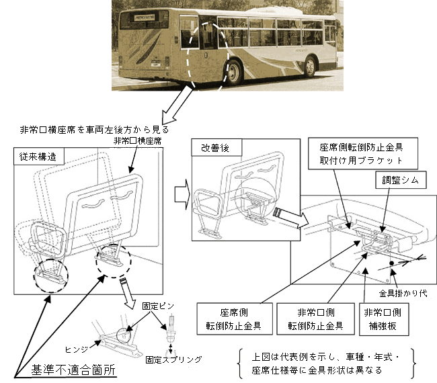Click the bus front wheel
[x=310, y=66]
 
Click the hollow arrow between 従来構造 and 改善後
[x=180, y=194]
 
